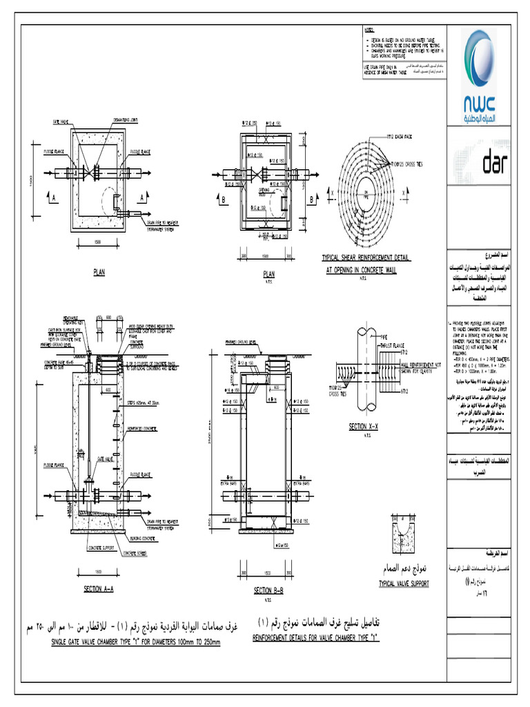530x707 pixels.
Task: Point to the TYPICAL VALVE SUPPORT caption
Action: click(404, 583)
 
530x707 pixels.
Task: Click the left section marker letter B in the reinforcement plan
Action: click(225, 199)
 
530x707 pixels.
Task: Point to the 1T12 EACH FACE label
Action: click(398, 137)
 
